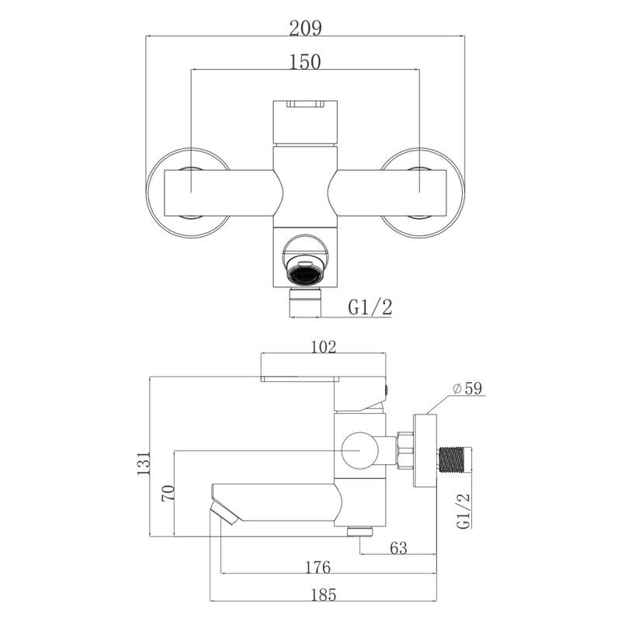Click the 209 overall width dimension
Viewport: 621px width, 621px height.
point(305,28)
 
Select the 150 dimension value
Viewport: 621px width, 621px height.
point(305,62)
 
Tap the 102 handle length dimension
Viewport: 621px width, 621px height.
point(323,347)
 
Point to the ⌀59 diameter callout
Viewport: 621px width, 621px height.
point(467,388)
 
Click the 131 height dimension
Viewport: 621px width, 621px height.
point(144,463)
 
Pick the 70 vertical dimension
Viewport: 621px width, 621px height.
point(168,494)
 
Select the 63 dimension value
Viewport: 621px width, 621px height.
point(398,548)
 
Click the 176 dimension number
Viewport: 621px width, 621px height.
point(317,567)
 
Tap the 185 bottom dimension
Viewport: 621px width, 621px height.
point(323,595)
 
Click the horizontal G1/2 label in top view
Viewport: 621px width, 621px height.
point(370,307)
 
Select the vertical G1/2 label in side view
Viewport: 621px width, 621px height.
point(463,511)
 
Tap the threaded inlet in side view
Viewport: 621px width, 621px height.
point(451,460)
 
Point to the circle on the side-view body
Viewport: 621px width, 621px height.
point(359,450)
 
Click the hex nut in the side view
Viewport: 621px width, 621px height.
point(404,450)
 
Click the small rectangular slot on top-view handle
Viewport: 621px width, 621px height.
point(305,104)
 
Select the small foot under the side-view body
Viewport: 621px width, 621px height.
point(359,532)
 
